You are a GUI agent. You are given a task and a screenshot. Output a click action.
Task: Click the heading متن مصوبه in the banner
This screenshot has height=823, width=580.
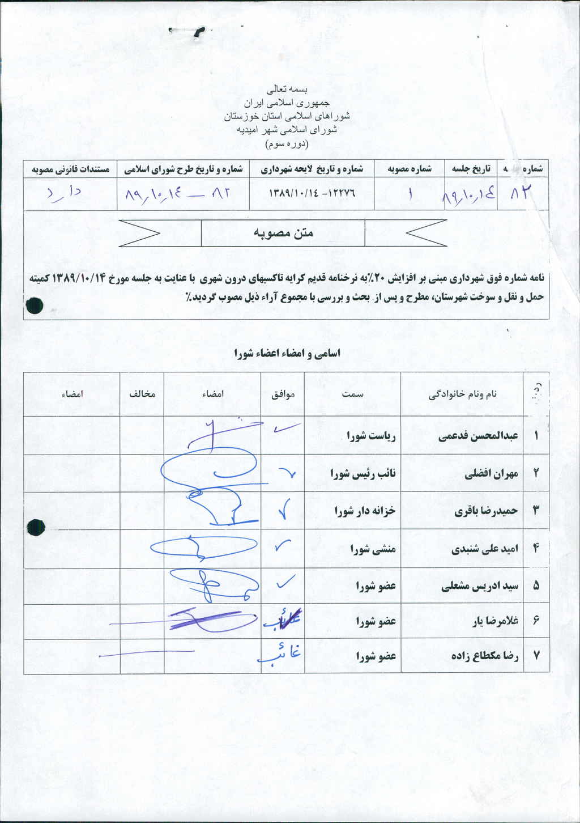click(x=283, y=233)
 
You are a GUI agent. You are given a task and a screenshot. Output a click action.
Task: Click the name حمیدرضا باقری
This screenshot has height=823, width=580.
click(x=486, y=511)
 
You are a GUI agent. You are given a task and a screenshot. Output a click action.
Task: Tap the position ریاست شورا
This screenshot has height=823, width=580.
click(x=371, y=436)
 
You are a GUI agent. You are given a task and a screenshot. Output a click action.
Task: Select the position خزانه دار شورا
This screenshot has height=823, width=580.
click(x=365, y=511)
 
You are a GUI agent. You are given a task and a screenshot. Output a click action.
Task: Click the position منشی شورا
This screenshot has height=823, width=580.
click(x=373, y=549)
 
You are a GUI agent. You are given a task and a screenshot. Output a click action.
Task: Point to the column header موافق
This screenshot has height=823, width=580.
click(x=283, y=394)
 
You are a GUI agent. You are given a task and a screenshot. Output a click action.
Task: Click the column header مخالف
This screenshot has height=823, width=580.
click(x=142, y=394)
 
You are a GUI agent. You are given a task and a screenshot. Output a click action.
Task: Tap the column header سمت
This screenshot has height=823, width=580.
click(x=352, y=394)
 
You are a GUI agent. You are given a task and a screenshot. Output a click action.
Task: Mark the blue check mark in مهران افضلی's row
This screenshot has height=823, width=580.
click(x=288, y=472)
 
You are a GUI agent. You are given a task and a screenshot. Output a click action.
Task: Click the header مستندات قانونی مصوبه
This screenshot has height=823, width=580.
click(x=70, y=169)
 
